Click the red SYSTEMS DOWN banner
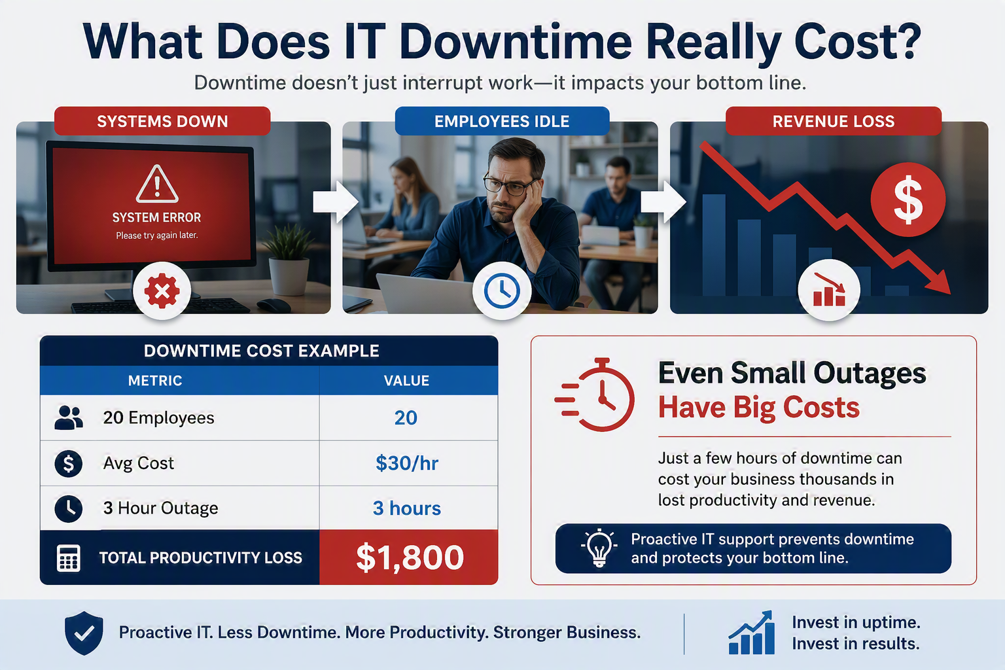point(162,121)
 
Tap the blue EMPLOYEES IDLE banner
point(502,121)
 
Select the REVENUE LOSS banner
point(833,121)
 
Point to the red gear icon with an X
point(162,291)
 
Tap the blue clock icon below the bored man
point(502,291)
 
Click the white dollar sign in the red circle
point(908,200)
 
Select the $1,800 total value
point(410,557)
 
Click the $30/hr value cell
point(407,463)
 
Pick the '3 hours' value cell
point(407,508)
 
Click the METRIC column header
point(155,381)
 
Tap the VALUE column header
point(406,381)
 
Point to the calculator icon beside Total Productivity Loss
point(69,558)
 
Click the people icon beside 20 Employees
point(69,418)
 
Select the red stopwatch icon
point(595,395)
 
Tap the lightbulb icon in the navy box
point(599,548)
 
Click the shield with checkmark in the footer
point(84,633)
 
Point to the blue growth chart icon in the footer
point(752,632)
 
